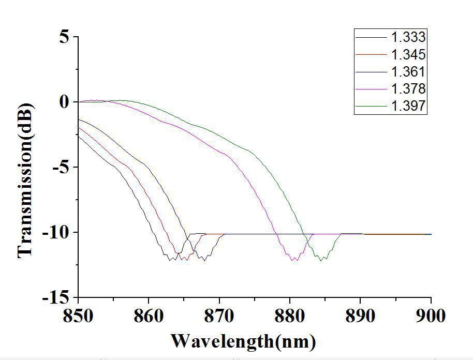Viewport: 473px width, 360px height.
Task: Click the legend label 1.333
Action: point(408,37)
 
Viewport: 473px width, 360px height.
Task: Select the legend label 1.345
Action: point(408,54)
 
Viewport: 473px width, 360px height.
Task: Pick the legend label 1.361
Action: point(408,72)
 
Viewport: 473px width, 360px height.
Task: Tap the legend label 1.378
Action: point(408,89)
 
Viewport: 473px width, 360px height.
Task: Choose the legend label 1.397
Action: point(408,107)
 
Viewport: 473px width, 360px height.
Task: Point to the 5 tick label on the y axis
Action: point(65,37)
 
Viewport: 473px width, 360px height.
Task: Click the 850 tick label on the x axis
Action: point(78,316)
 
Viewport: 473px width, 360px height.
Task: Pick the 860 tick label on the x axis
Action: point(149,316)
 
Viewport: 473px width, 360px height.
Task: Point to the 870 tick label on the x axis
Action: point(219,316)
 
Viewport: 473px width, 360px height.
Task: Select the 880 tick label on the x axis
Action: point(290,316)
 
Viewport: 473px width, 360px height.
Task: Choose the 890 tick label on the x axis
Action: point(361,316)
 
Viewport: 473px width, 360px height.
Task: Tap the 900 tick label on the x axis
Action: point(431,316)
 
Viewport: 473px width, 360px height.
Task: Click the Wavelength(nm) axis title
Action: point(243,341)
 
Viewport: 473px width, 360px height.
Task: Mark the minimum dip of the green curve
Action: point(321,260)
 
